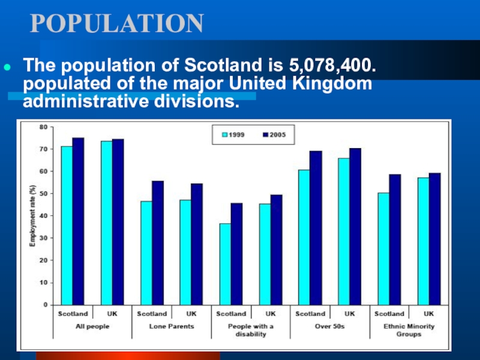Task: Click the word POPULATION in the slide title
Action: [117, 23]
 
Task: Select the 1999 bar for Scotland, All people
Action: [67, 225]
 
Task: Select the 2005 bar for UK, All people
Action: [118, 221]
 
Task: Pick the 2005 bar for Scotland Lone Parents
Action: [157, 242]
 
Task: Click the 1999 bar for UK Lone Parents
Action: [185, 252]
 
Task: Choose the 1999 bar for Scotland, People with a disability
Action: [225, 264]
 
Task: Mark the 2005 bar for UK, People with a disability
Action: [276, 250]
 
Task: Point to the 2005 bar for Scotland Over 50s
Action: [316, 227]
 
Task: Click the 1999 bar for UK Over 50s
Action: [344, 231]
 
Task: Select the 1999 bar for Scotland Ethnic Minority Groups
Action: [383, 248]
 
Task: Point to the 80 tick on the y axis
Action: [44, 127]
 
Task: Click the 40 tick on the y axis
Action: [44, 216]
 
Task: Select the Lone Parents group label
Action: [172, 326]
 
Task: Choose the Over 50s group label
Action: [330, 326]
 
